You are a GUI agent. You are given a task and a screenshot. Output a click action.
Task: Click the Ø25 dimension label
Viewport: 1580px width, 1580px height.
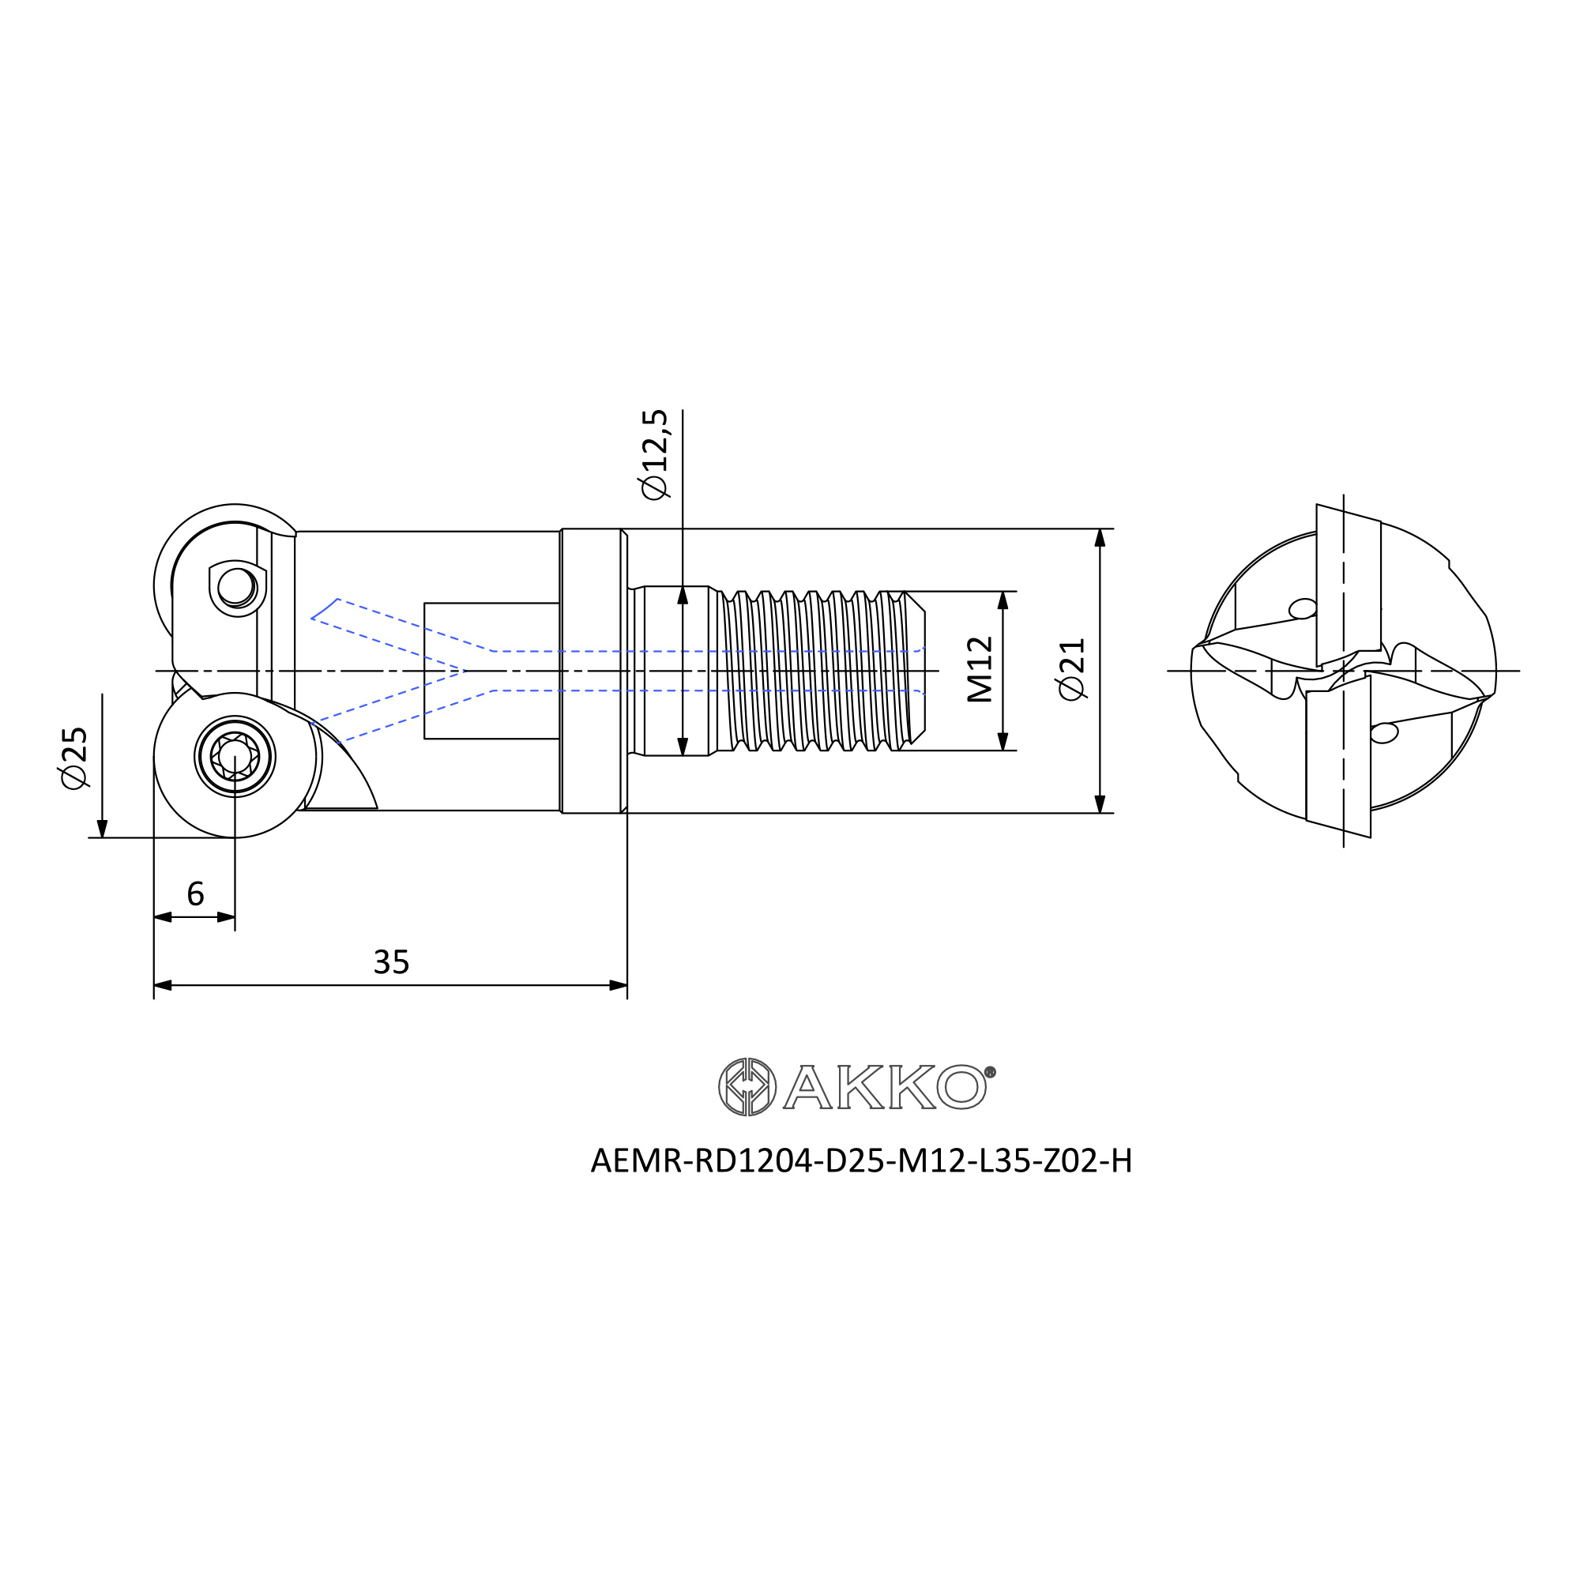pos(74,758)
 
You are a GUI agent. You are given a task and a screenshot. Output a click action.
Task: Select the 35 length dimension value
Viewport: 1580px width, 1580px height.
pos(391,962)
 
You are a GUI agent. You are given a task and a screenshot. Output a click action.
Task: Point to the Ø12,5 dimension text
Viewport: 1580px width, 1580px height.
pos(655,455)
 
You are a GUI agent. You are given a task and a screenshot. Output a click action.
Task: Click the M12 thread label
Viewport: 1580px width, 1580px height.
pos(980,670)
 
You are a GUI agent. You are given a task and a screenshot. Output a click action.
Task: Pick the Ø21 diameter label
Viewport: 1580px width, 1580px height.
pos(1072,669)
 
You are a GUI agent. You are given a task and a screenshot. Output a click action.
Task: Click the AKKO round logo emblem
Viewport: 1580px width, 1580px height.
pos(747,1087)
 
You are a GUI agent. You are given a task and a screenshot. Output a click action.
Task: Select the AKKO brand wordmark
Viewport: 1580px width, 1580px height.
pos(889,1087)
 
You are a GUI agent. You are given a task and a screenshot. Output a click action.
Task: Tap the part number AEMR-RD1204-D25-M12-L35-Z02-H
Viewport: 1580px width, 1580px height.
pos(861,1161)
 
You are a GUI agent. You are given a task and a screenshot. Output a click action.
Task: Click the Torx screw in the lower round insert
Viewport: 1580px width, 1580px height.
pos(235,757)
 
